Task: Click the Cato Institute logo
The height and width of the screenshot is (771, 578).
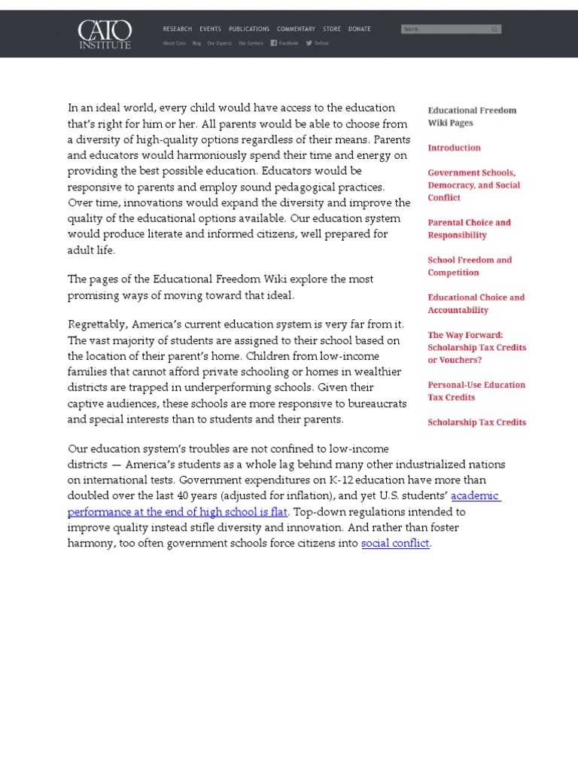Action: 105,34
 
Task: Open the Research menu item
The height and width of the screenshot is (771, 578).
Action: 177,29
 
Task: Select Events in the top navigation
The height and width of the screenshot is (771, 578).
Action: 210,29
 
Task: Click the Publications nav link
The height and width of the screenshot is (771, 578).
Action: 249,29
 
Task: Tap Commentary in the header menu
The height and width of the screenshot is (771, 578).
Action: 296,29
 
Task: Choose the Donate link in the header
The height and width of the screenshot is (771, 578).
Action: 359,29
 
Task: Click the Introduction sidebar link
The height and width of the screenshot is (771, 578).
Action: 454,148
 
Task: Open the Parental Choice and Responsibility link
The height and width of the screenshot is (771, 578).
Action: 469,229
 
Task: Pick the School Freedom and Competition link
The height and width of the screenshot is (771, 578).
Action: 470,267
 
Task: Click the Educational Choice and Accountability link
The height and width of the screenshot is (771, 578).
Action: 476,303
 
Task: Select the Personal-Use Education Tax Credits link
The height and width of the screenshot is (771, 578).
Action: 476,391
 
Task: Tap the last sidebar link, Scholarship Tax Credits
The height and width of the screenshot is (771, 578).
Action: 476,422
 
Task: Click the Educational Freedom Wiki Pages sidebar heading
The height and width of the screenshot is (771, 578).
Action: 472,116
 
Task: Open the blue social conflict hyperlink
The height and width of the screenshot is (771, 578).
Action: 394,543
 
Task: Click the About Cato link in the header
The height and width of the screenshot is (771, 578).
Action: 174,43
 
